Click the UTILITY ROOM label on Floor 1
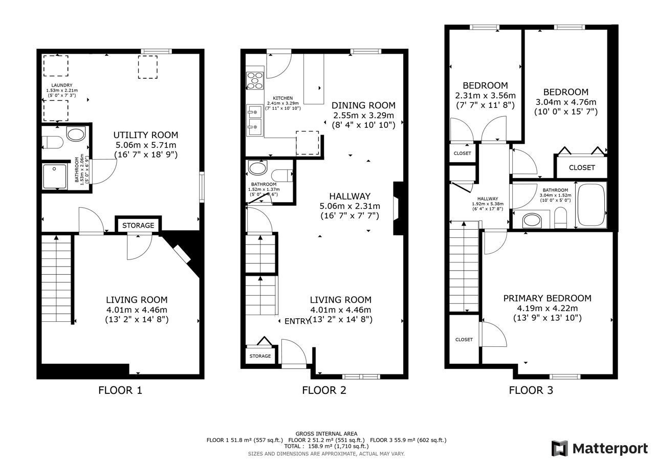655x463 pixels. coord(146,135)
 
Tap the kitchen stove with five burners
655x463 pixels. coord(255,81)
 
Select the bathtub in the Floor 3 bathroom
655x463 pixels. coord(591,205)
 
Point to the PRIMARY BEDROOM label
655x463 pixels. coord(547,298)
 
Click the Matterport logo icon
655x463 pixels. coord(559,448)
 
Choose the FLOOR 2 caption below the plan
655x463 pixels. coord(324,390)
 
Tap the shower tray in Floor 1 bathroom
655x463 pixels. coord(55,177)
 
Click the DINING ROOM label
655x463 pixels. coord(363,105)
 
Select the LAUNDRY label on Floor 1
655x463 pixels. coord(62,85)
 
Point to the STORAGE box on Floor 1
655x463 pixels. coord(138,226)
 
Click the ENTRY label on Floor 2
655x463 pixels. coord(296,321)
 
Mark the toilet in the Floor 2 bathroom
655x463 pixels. coord(282,175)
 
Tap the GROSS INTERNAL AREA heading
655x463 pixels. coord(326,434)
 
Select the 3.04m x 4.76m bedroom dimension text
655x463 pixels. coord(566,102)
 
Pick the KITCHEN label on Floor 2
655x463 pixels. coord(283,98)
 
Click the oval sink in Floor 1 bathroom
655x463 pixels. coord(76,134)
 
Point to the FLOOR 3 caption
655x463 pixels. coord(531,390)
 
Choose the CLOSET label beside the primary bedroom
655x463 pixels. coord(464,339)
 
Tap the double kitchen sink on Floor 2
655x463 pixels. coord(254,120)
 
